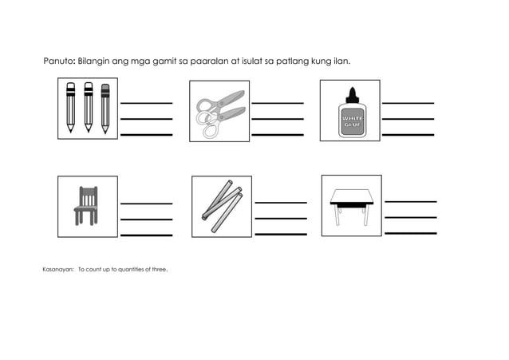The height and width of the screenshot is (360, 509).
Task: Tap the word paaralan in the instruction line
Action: pyautogui.click(x=210, y=61)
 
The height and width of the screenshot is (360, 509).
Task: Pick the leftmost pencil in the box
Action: pyautogui.click(x=70, y=107)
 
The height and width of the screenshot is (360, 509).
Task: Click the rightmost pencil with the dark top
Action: pyautogui.click(x=105, y=107)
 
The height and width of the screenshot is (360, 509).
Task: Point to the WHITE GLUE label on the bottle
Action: pyautogui.click(x=351, y=122)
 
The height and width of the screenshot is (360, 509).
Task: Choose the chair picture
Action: pyautogui.click(x=86, y=205)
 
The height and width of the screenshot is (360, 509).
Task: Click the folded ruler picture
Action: pyautogui.click(x=221, y=206)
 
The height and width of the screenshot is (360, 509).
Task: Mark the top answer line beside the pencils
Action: pyautogui.click(x=146, y=103)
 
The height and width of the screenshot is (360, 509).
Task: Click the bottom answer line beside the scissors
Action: pyautogui.click(x=278, y=135)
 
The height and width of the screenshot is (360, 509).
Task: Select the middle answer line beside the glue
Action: pyautogui.click(x=408, y=119)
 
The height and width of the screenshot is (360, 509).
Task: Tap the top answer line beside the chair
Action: pyautogui.click(x=146, y=203)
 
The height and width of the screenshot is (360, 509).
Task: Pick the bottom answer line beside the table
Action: pyautogui.click(x=410, y=232)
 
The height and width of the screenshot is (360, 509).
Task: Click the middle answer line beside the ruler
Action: pyautogui.click(x=280, y=218)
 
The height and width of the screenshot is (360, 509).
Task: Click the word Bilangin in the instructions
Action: pyautogui.click(x=99, y=61)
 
